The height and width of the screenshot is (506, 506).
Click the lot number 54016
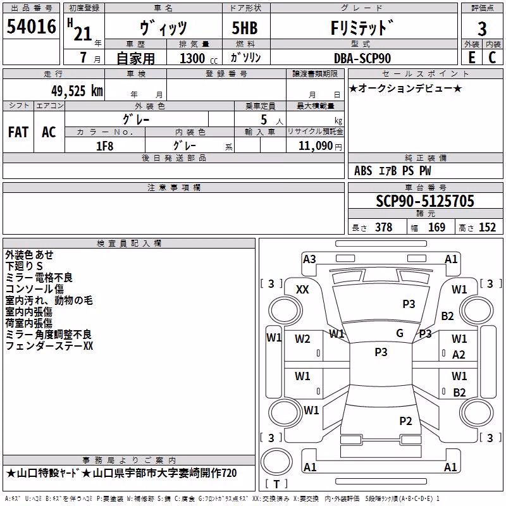pyautogui.click(x=31, y=27)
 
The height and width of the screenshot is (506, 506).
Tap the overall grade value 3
pyautogui.click(x=482, y=29)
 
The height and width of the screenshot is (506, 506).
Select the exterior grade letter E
pyautogui.click(x=472, y=58)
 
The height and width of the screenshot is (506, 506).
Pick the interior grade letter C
pyautogui.click(x=492, y=58)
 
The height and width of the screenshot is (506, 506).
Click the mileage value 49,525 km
pyautogui.click(x=77, y=91)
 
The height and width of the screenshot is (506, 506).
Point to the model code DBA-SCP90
pyautogui.click(x=362, y=58)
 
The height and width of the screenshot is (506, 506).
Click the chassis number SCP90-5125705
pyautogui.click(x=425, y=201)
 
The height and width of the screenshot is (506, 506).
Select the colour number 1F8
pyautogui.click(x=104, y=146)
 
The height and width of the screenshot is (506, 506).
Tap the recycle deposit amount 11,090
pyautogui.click(x=315, y=146)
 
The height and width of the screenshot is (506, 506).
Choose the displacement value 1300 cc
pyautogui.click(x=199, y=58)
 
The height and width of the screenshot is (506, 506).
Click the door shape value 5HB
pyautogui.click(x=245, y=28)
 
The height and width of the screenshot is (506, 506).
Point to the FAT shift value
pyautogui.click(x=18, y=132)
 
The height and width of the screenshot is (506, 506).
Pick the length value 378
pyautogui.click(x=383, y=227)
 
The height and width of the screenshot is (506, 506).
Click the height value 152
pyautogui.click(x=487, y=227)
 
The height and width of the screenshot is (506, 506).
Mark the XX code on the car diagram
pyautogui.click(x=302, y=290)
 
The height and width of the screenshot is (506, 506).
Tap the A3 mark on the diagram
pyautogui.click(x=309, y=259)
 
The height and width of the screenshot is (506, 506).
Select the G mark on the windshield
pyautogui.click(x=400, y=333)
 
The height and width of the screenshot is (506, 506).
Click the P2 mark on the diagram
pyautogui.click(x=405, y=421)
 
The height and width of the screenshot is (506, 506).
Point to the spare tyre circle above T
pyautogui.click(x=276, y=461)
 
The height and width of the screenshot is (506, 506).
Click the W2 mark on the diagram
pyautogui.click(x=302, y=339)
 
